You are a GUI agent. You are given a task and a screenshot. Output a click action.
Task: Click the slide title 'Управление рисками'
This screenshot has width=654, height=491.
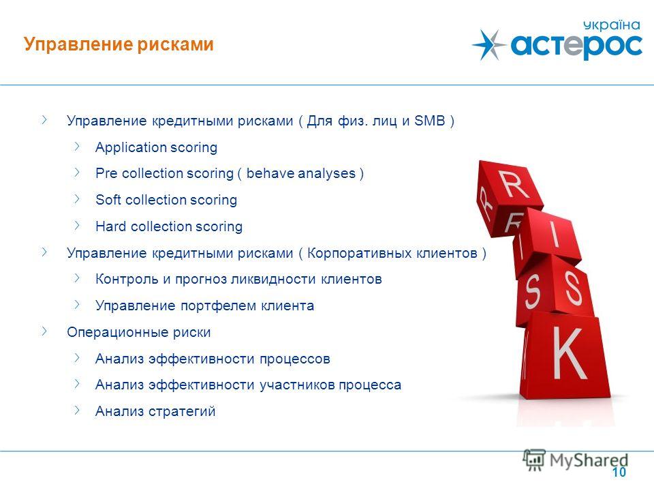click(119, 44)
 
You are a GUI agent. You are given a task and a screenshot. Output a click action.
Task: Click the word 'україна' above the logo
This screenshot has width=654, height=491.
click(612, 25)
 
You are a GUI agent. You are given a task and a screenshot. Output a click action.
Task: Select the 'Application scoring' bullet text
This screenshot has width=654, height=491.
click(157, 147)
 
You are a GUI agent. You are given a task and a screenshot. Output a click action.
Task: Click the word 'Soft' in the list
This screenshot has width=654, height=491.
click(108, 200)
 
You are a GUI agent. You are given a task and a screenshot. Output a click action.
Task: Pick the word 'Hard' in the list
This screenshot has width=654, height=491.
click(110, 226)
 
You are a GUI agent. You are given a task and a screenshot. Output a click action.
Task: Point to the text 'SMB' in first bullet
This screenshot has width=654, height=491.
click(430, 121)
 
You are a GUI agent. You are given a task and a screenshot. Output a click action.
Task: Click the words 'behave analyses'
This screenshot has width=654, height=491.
click(300, 173)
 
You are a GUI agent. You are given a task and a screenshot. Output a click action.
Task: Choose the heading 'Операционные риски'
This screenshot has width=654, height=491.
click(139, 332)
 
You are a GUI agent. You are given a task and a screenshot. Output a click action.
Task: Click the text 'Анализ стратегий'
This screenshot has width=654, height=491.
click(155, 411)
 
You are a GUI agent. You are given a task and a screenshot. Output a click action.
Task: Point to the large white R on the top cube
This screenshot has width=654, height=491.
click(515, 183)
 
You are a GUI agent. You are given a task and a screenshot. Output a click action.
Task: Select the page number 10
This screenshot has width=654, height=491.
click(619, 472)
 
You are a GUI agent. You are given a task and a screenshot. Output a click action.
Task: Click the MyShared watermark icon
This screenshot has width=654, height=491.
click(534, 460)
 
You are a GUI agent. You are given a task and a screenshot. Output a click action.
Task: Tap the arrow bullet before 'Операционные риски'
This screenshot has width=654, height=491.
click(44, 331)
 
